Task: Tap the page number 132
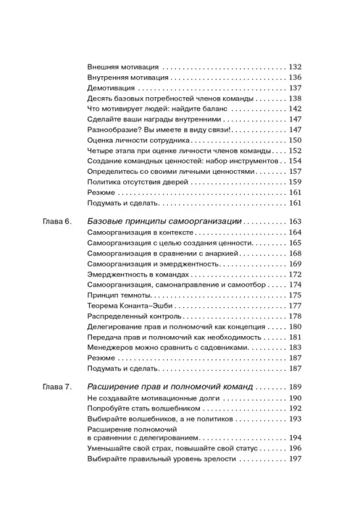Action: pos(294,67)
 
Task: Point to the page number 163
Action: pos(294,222)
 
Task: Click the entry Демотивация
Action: pos(111,88)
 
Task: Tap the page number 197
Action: pos(294,476)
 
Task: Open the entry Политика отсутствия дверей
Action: pos(138,181)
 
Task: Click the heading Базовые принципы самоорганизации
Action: pos(165,222)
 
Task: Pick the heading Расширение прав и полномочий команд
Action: pos(169,388)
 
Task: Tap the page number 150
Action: pos(294,140)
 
